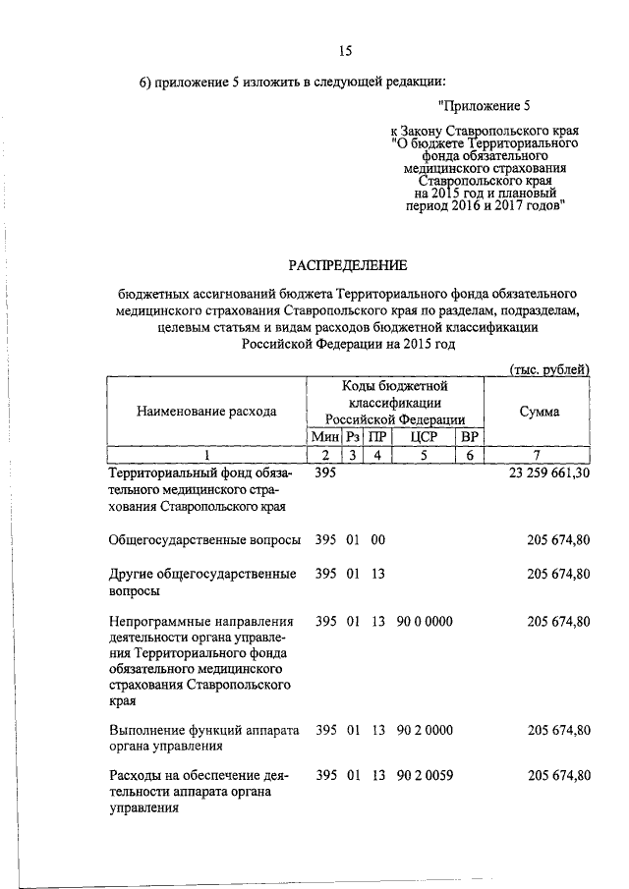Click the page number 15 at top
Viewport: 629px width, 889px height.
coord(345,51)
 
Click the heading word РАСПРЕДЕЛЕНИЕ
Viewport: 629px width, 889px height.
coord(345,265)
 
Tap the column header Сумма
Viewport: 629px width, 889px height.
coord(539,412)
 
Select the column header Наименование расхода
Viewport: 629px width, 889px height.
coord(206,412)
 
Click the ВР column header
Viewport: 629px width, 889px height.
coord(471,436)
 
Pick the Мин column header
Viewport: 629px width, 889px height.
coord(324,436)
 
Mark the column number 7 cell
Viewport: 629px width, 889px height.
coord(539,454)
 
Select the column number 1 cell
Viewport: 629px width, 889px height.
coord(206,454)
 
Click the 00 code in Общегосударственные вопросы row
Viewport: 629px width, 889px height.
coord(376,538)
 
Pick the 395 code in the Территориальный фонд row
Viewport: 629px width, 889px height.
coord(325,472)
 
